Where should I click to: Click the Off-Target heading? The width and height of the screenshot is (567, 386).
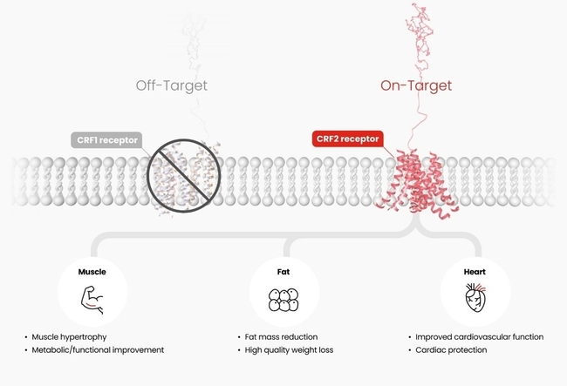172,85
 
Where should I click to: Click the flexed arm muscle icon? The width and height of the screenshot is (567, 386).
92,299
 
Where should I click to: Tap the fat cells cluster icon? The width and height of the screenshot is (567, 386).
283,299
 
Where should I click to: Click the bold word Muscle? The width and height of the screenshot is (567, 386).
92,271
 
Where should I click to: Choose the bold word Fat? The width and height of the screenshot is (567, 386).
283,271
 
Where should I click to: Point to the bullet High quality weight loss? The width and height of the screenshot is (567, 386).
290,350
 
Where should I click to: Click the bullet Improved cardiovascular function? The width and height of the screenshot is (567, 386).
479,336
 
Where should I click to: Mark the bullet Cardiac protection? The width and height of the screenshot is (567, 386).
451,350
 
